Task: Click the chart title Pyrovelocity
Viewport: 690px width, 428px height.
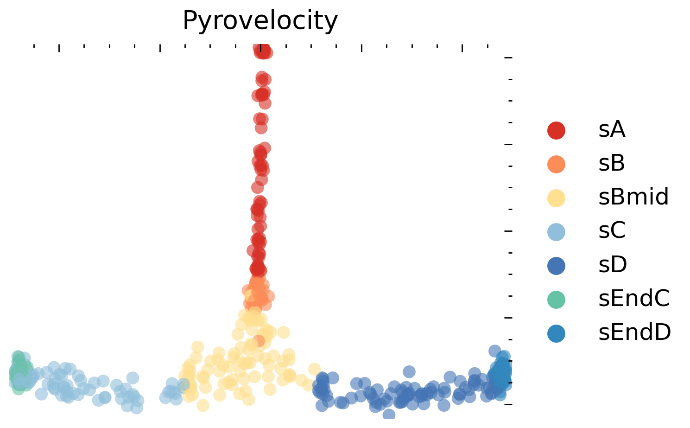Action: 260,21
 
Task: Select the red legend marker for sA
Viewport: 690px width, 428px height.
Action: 556,130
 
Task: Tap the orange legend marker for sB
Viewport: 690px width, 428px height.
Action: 556,164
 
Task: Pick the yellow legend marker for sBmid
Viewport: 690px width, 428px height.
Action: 556,198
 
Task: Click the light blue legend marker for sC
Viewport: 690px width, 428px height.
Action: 556,231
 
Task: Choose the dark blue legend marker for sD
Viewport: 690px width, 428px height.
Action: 556,265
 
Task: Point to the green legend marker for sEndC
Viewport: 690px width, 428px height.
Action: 556,299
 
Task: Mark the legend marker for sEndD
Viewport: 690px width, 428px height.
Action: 556,333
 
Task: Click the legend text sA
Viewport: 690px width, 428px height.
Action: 612,130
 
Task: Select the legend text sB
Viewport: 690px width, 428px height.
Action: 612,164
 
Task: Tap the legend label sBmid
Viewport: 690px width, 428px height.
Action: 633,198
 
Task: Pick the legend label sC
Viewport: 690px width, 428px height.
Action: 612,231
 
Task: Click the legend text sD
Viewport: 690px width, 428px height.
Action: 613,265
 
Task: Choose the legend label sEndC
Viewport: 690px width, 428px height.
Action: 634,299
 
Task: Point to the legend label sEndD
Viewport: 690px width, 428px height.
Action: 634,333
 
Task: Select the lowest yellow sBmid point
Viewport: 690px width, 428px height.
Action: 203,405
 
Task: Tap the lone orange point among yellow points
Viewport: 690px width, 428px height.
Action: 259,341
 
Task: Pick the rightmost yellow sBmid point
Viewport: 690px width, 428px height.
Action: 315,369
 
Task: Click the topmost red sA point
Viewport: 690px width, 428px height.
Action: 261,48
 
